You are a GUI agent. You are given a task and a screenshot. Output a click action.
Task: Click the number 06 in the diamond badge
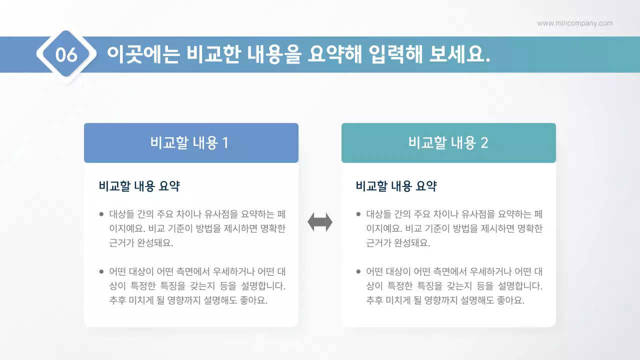click(x=66, y=54)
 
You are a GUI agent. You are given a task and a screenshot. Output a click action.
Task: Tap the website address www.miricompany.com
click(x=574, y=23)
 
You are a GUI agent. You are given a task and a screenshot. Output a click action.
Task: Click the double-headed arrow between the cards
click(x=320, y=222)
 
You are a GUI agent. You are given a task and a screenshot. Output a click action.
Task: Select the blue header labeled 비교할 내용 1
click(x=191, y=143)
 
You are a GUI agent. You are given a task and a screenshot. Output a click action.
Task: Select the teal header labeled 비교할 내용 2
click(x=448, y=143)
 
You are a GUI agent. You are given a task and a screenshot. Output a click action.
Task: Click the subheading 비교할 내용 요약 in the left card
click(x=139, y=186)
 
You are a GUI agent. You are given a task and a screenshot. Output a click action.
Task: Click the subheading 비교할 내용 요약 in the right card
click(x=396, y=186)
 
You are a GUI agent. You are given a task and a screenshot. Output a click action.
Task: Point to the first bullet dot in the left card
click(x=101, y=214)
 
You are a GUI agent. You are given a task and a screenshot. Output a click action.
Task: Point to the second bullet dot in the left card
click(x=101, y=272)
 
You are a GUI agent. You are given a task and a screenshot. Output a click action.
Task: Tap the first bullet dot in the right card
click(x=358, y=214)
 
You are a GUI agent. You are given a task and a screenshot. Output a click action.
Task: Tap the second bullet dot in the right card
click(x=358, y=272)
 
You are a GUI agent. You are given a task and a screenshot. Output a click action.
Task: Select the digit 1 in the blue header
click(x=225, y=143)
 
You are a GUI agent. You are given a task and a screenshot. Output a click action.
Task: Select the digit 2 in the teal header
click(x=483, y=143)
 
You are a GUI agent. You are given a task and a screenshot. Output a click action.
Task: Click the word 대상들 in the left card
click(x=122, y=214)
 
